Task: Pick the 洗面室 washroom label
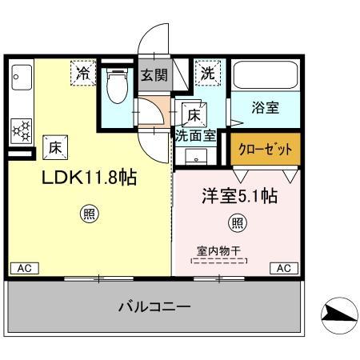click(x=195, y=135)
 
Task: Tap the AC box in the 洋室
click(x=283, y=268)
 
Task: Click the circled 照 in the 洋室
click(x=238, y=222)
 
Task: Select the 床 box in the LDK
click(x=55, y=146)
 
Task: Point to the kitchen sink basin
click(x=20, y=85)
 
